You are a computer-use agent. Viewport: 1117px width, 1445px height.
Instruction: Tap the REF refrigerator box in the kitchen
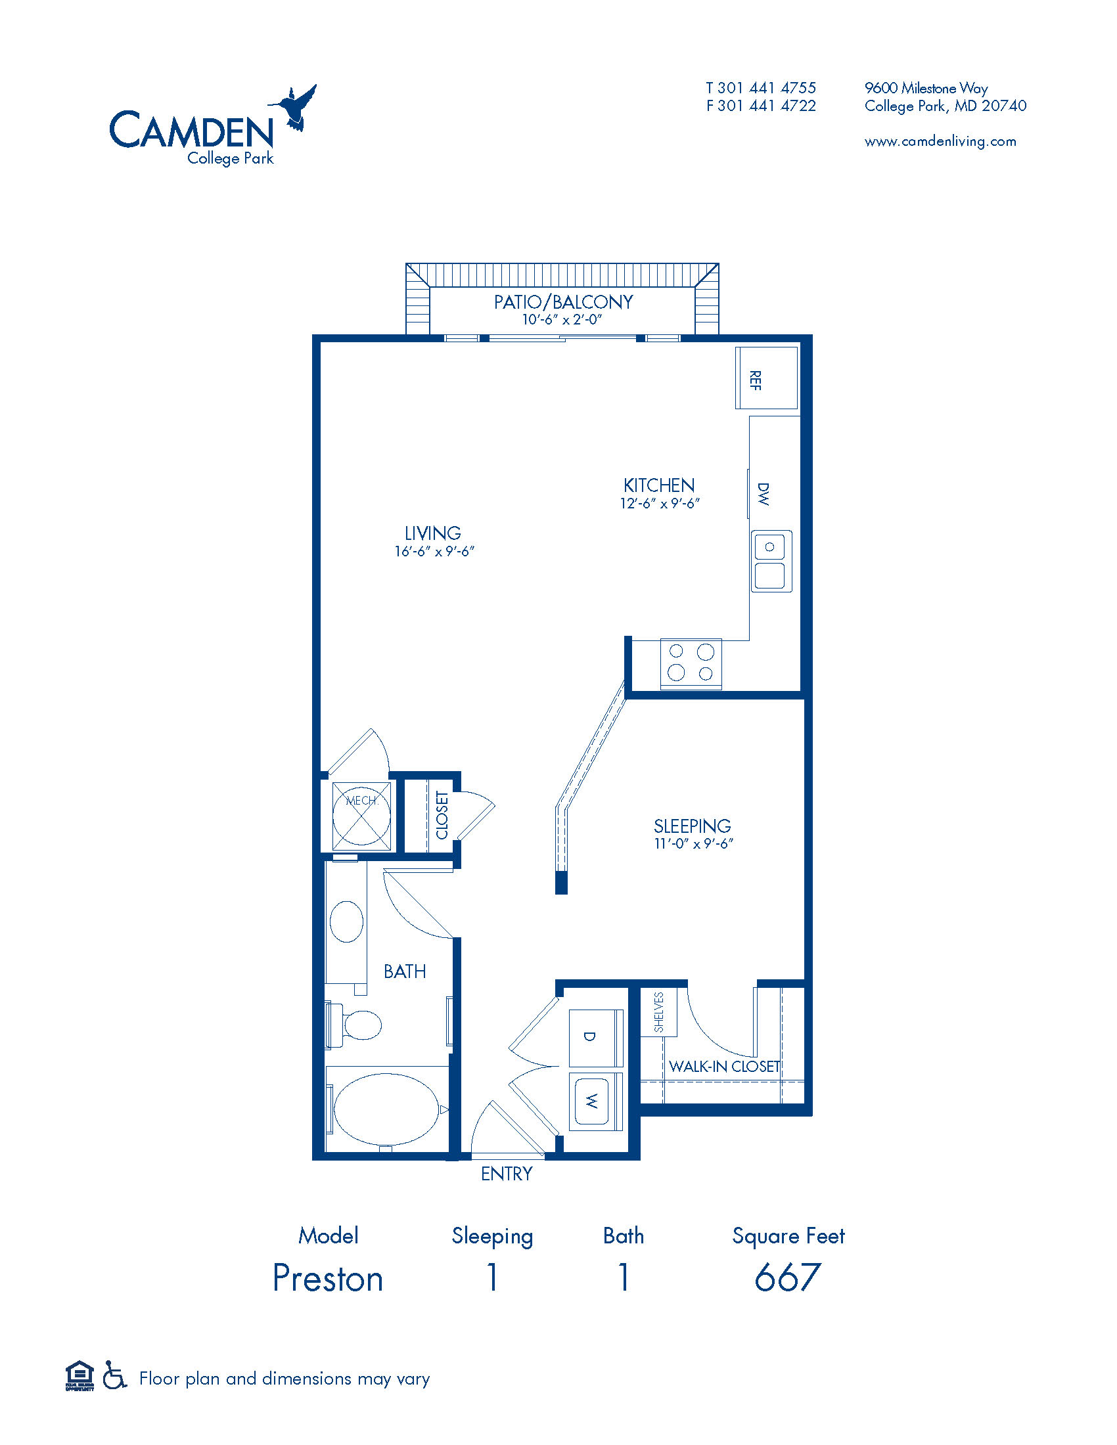click(x=766, y=378)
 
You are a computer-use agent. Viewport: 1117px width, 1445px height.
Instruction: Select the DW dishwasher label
click(x=764, y=494)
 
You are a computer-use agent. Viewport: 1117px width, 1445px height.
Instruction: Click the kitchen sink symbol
click(x=771, y=561)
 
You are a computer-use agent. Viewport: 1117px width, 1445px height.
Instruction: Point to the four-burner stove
click(x=691, y=663)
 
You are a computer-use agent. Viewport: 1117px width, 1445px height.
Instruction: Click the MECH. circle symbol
click(x=361, y=815)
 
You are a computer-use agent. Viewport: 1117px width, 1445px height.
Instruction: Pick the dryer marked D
click(x=595, y=1036)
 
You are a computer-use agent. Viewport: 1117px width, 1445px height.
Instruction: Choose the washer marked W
click(x=595, y=1101)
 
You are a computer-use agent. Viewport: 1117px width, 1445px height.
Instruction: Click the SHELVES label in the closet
click(x=659, y=1012)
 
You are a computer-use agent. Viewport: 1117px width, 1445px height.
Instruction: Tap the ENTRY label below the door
click(x=507, y=1174)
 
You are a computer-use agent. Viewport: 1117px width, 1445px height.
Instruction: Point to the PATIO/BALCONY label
click(x=563, y=302)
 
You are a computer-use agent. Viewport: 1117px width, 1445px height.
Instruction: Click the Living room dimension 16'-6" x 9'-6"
click(x=435, y=551)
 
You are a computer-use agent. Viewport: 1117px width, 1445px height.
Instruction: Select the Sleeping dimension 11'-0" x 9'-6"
click(x=693, y=843)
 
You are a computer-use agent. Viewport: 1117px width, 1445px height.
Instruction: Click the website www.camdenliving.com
click(x=940, y=141)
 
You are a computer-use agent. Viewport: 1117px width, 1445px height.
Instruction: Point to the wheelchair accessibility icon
click(x=115, y=1377)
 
